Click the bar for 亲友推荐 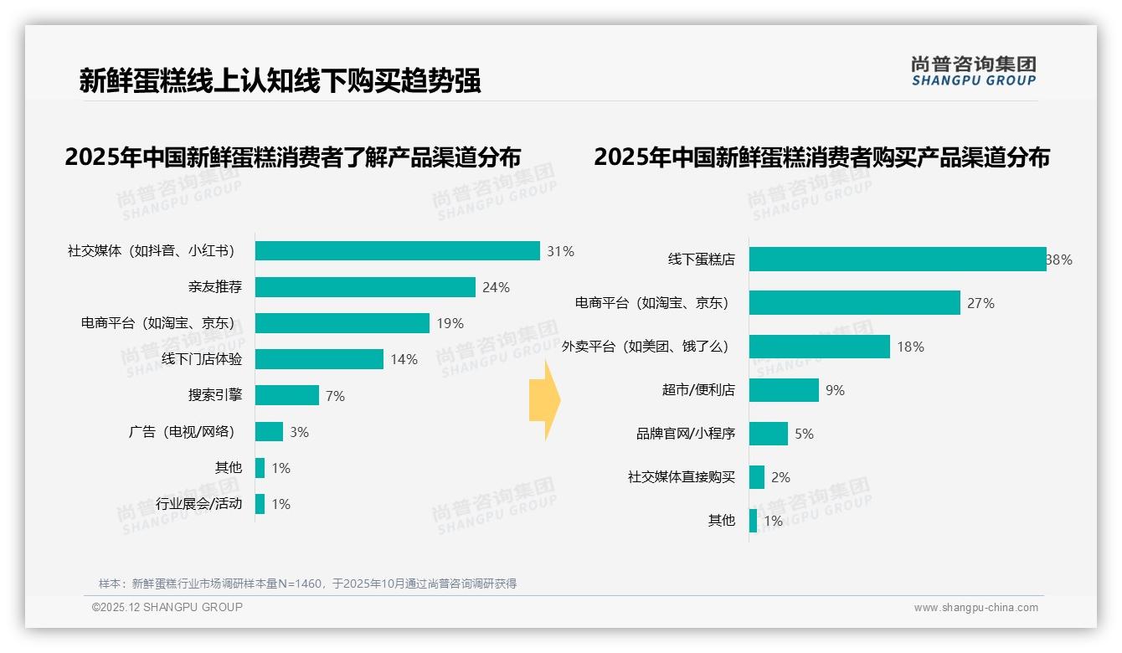click(x=365, y=287)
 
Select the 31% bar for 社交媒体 click(x=397, y=251)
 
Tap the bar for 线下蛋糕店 click(x=898, y=260)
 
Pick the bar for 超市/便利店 click(x=784, y=390)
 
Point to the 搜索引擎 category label click(x=215, y=395)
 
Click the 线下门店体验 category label click(x=202, y=359)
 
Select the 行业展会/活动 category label click(x=199, y=504)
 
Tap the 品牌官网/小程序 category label click(x=686, y=434)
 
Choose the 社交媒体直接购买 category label click(x=682, y=477)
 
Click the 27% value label click(x=980, y=303)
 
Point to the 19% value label click(x=450, y=323)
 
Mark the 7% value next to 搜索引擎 click(x=335, y=396)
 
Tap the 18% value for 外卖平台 click(x=910, y=347)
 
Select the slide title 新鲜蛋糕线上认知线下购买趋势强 click(x=280, y=80)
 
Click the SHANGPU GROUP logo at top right click(x=973, y=71)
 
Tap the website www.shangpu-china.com click(x=975, y=608)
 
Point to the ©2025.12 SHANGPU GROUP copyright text click(x=167, y=607)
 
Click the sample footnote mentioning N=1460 click(x=307, y=584)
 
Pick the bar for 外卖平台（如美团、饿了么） click(x=819, y=347)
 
